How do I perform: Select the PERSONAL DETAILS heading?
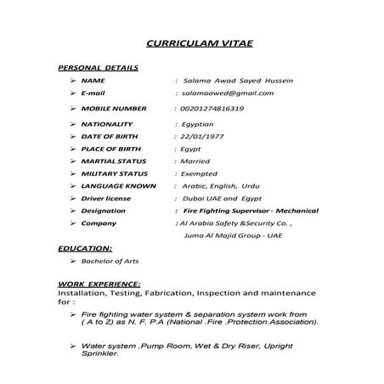(98, 66)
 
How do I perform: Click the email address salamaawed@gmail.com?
(227, 93)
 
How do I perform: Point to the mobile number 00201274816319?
(207, 109)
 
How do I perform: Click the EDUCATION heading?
(85, 249)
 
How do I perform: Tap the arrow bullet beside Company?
(75, 223)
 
